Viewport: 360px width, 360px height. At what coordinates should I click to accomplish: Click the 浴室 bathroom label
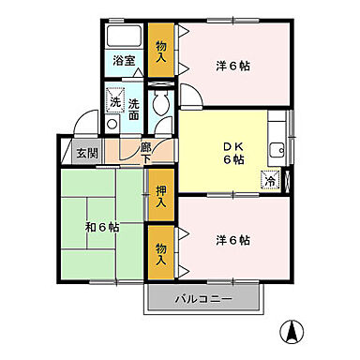point(125,61)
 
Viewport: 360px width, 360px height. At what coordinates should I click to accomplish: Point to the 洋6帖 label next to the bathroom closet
point(233,66)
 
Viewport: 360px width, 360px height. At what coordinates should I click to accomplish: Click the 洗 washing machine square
point(114,100)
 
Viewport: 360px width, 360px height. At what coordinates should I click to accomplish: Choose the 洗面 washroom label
point(133,109)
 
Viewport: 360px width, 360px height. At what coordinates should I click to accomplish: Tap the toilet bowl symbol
point(160,105)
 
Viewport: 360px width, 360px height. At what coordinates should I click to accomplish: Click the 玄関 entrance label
point(87,152)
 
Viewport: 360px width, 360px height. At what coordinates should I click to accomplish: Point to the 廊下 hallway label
point(146,151)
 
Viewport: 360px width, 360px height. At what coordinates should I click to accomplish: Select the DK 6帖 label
point(232,152)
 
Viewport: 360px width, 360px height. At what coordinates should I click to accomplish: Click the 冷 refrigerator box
point(270,179)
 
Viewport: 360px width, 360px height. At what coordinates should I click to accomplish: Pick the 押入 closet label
point(161,196)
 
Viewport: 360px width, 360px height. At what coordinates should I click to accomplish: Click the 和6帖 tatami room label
point(101,228)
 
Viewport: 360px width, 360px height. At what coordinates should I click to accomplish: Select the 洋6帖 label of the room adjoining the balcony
point(232,240)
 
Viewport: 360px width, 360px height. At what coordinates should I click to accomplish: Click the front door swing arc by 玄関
point(87,123)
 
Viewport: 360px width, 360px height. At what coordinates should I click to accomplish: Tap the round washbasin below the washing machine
point(112,122)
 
